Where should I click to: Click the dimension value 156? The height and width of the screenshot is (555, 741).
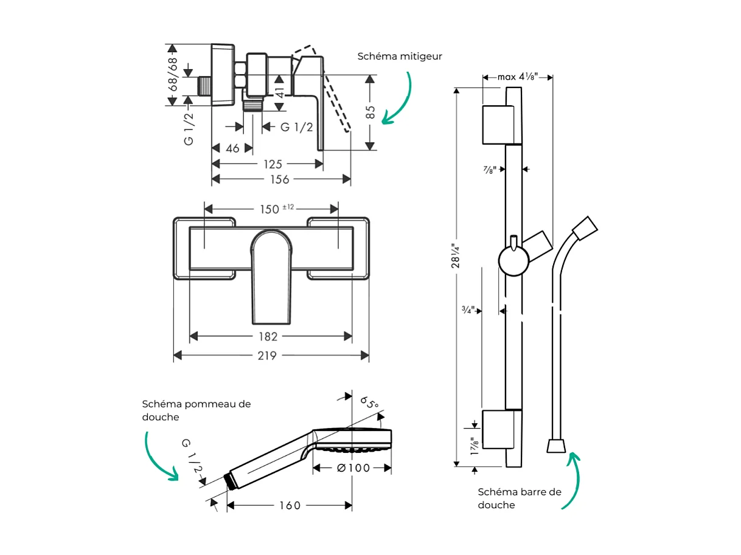pos(280,179)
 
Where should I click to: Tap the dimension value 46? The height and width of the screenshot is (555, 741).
pos(232,148)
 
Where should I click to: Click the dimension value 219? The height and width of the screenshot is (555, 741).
pos(266,356)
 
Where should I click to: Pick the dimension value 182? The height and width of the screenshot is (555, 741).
pos(268,337)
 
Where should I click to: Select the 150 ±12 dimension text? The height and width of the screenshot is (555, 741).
pos(277,209)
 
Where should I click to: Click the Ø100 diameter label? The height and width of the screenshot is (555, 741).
pos(352,468)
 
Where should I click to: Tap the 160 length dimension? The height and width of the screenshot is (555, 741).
pos(290,506)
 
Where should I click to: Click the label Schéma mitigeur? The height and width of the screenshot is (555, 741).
pos(400,57)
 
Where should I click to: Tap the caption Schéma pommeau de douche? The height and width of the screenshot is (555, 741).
pos(196,410)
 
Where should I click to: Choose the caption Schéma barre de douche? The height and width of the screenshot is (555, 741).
pos(519,498)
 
